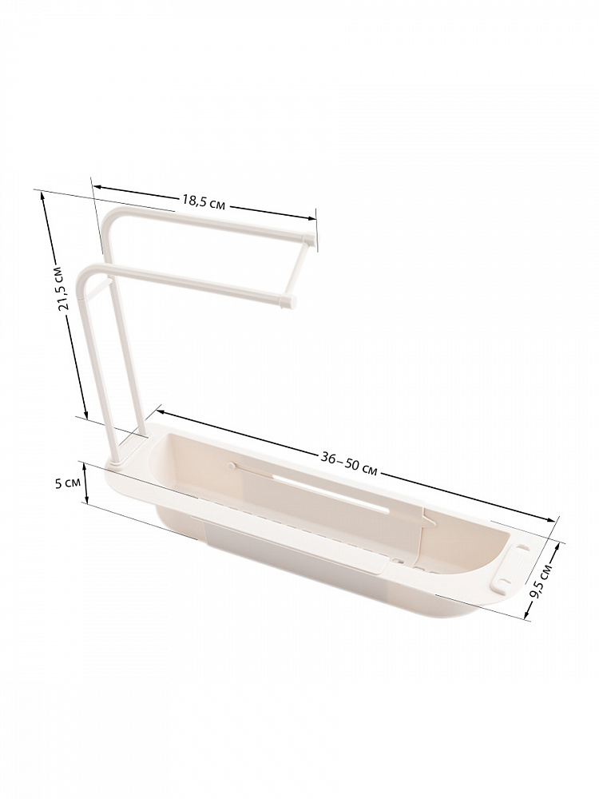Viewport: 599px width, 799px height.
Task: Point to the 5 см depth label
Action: coord(66,483)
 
